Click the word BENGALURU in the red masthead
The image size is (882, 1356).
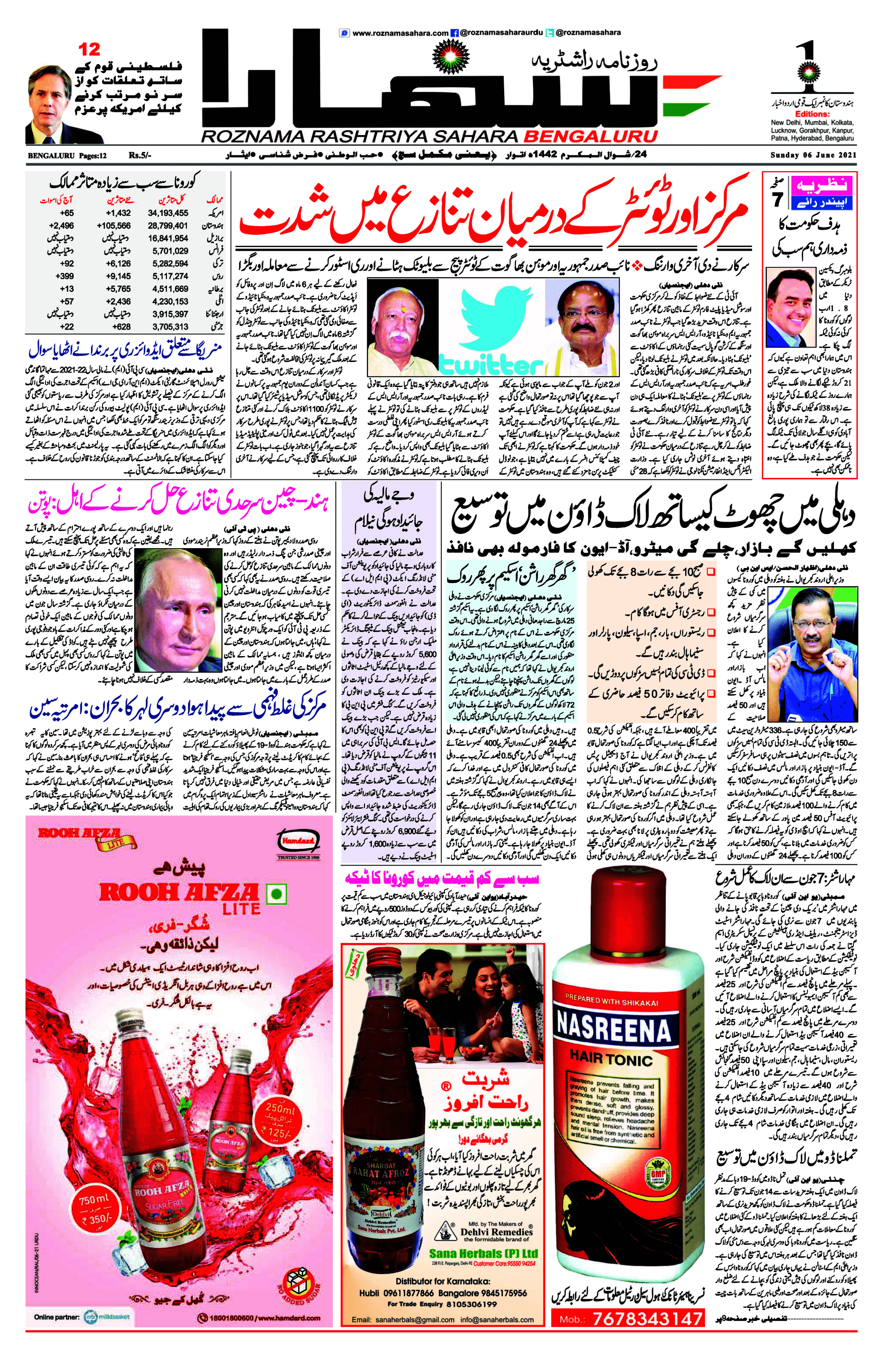click(x=590, y=137)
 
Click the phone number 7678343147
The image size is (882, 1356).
click(x=648, y=1318)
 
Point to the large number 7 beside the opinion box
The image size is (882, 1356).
click(x=778, y=201)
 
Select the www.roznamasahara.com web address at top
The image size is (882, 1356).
click(x=400, y=33)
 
